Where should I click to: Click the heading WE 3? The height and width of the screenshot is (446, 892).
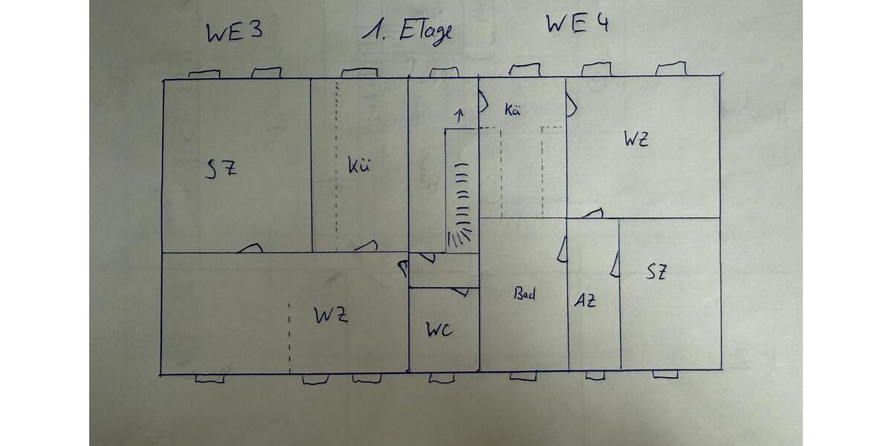point(235,32)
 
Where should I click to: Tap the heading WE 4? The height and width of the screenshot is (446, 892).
point(578,24)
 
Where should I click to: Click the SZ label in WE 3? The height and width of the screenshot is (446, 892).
point(221,169)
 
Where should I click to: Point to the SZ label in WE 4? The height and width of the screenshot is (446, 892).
point(656,272)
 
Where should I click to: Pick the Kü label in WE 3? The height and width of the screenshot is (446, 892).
point(359,166)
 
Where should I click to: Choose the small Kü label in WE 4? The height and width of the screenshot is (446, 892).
point(512,110)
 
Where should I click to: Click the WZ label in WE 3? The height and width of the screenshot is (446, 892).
point(331,315)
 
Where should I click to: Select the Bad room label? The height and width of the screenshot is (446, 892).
point(524,294)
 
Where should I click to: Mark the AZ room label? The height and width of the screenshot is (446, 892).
point(584,300)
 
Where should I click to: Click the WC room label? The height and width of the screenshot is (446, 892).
point(439,330)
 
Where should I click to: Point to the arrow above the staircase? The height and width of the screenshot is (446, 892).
point(460,115)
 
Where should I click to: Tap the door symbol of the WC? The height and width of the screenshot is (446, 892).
point(460,292)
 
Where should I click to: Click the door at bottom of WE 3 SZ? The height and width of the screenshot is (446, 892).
point(251,248)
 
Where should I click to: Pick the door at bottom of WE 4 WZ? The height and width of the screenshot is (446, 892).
point(593,213)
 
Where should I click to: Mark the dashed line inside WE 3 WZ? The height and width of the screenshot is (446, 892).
point(289,338)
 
